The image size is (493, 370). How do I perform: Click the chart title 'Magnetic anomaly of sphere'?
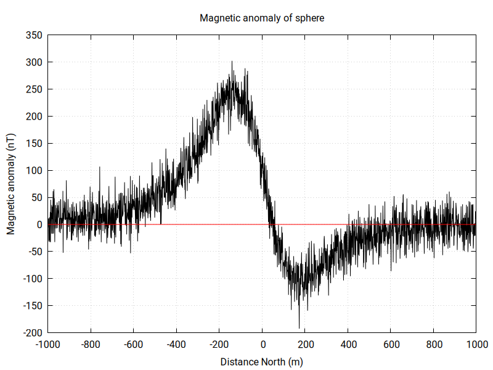coord(262,18)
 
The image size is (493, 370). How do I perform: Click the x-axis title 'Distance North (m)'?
coord(262,362)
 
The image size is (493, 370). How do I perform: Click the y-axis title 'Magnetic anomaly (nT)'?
coord(11,184)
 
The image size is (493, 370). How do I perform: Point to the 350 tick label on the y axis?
coord(34,35)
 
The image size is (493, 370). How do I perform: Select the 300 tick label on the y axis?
coord(34,62)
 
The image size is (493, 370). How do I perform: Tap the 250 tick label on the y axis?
coord(34,89)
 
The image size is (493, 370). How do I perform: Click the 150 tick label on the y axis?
coord(34,143)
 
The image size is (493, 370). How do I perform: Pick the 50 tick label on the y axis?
coord(36,197)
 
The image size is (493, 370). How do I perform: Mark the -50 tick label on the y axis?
coord(35,252)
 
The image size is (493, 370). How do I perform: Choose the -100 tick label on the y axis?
coord(33,279)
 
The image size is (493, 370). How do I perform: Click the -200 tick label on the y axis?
coord(33,333)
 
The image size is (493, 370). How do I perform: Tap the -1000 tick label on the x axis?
coord(48,345)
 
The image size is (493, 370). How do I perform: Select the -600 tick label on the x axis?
coord(134,345)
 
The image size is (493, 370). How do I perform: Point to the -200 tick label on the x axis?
coord(219,345)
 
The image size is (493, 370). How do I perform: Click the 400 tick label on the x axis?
coord(348,345)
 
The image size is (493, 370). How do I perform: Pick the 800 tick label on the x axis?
coord(434,345)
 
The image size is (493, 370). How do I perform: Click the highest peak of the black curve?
coord(232,62)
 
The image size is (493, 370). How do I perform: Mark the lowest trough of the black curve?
coord(299,327)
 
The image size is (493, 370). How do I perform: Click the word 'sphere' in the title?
coord(310,18)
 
